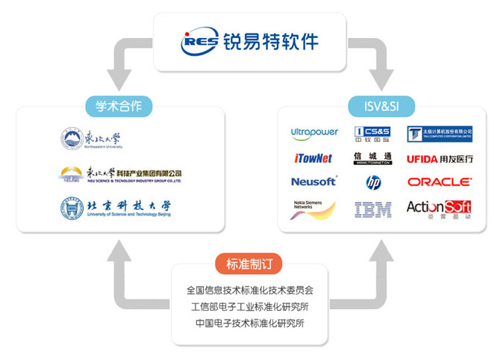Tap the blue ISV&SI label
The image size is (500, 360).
click(375, 105)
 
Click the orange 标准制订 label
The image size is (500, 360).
click(250, 264)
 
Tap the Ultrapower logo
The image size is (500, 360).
click(314, 133)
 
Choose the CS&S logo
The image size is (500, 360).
click(372, 134)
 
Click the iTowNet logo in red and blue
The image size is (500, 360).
click(313, 158)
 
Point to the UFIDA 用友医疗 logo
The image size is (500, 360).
click(440, 158)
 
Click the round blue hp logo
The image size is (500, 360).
click(373, 181)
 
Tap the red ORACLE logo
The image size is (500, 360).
click(440, 181)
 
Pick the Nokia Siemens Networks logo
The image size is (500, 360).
click(312, 208)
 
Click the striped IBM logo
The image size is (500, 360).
click(373, 209)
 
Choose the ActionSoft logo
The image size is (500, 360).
click(439, 208)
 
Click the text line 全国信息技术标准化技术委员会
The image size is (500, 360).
click(250, 289)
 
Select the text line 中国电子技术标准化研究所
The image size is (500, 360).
click(250, 323)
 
